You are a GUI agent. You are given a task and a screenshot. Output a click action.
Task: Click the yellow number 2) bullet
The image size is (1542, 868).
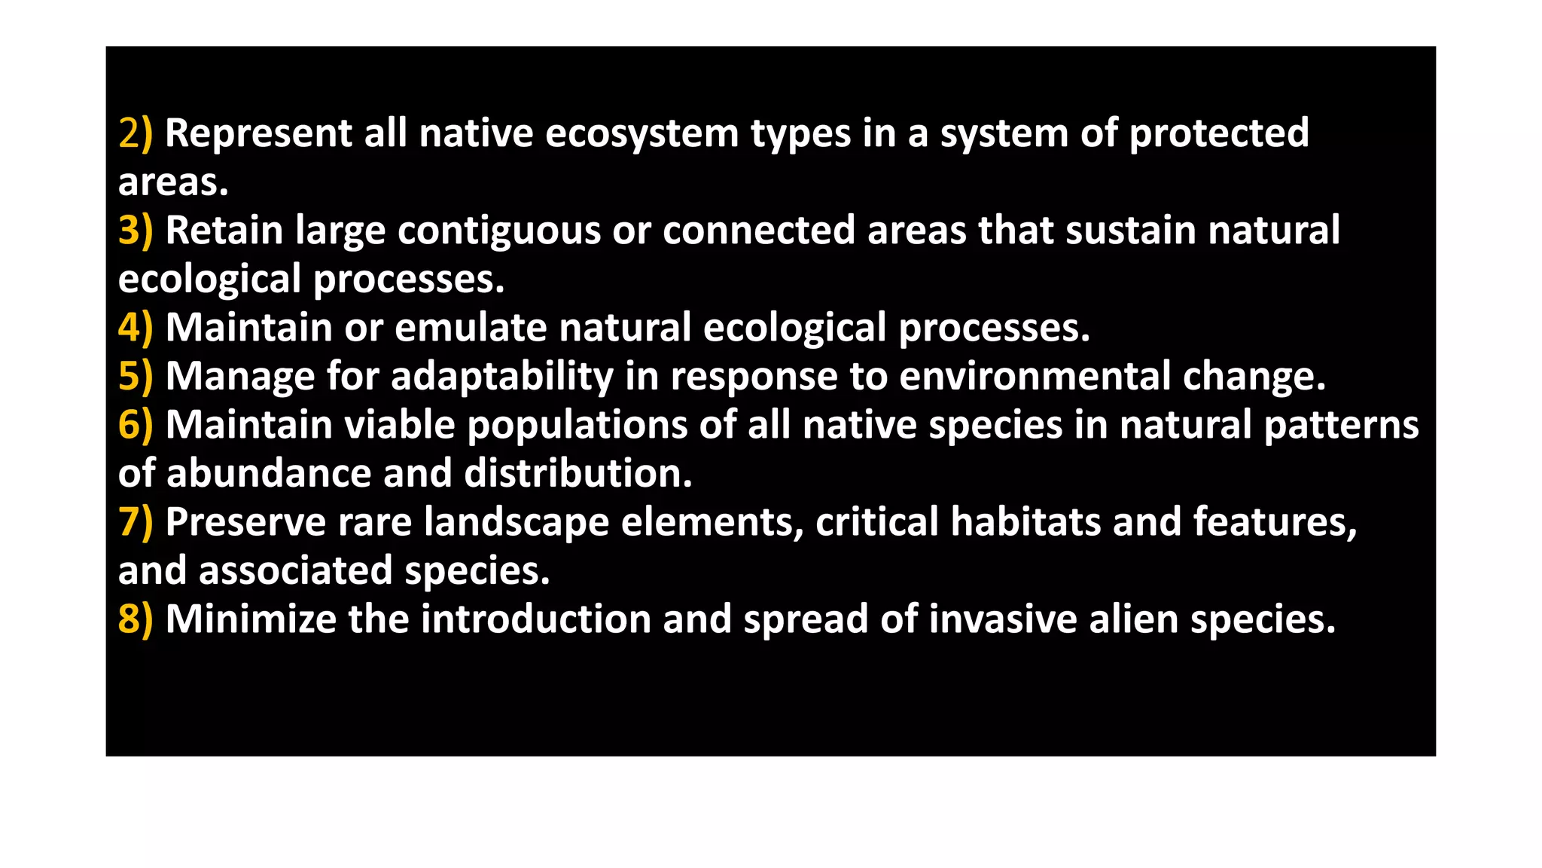pos(136,133)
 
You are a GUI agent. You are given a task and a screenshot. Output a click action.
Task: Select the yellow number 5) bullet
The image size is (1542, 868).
pos(136,376)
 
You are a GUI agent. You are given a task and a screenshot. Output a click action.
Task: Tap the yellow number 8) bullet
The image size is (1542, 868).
pos(136,619)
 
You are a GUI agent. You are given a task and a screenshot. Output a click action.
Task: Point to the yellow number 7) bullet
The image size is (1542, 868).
pos(136,522)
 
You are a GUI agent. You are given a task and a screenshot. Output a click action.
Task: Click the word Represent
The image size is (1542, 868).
pos(258,133)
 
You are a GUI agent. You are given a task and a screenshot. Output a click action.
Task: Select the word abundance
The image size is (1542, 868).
pos(269,474)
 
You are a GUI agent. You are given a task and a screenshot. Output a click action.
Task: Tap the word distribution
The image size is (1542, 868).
pos(577,474)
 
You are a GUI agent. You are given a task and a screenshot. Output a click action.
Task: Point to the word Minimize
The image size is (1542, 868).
pos(250,619)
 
